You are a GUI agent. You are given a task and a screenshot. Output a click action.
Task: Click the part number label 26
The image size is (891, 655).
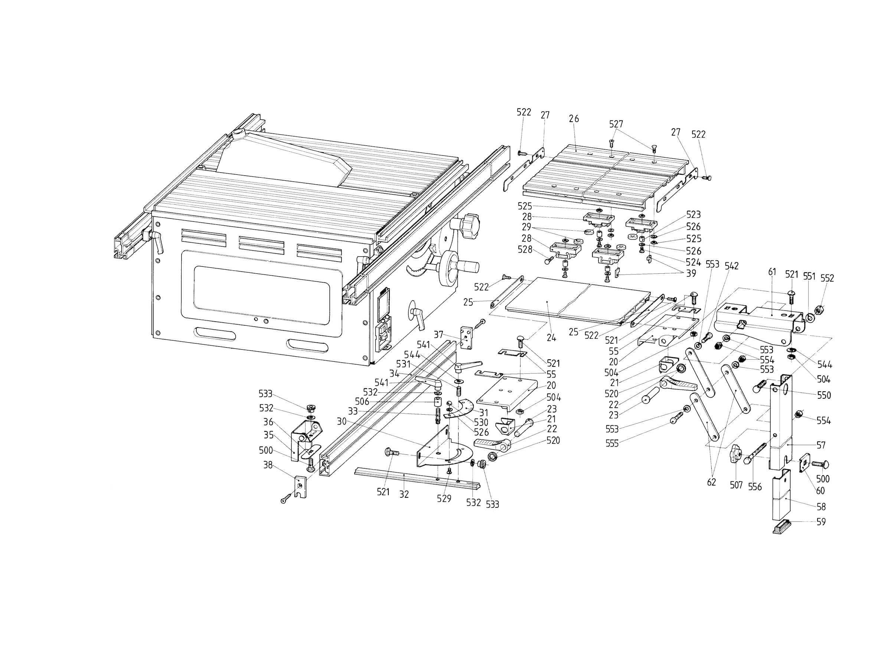574,119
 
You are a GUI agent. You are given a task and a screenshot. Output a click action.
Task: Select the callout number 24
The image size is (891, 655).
551,338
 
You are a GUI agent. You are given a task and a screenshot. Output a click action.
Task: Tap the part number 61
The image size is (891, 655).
772,272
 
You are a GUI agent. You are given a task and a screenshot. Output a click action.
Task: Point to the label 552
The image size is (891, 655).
827,278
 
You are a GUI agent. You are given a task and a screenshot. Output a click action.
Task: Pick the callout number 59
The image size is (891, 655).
821,522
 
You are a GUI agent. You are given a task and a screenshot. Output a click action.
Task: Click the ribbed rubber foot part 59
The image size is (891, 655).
782,527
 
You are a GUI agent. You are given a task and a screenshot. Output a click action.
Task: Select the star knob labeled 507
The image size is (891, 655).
735,454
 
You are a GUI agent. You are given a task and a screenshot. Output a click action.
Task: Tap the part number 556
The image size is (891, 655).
755,487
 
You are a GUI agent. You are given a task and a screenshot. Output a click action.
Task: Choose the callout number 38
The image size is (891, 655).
268,465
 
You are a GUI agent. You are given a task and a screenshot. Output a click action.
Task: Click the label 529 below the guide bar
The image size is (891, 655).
444,499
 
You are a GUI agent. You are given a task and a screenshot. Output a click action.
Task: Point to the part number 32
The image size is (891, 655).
404,495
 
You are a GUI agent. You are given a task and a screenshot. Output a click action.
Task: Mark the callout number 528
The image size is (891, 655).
525,250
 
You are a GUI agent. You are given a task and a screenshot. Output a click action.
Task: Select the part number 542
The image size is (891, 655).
731,266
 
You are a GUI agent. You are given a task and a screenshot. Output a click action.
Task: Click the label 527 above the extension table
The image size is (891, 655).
616,124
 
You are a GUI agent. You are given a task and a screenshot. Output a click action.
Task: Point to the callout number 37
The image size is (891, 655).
438,335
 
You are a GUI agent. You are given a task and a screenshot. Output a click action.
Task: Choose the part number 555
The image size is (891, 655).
612,444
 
